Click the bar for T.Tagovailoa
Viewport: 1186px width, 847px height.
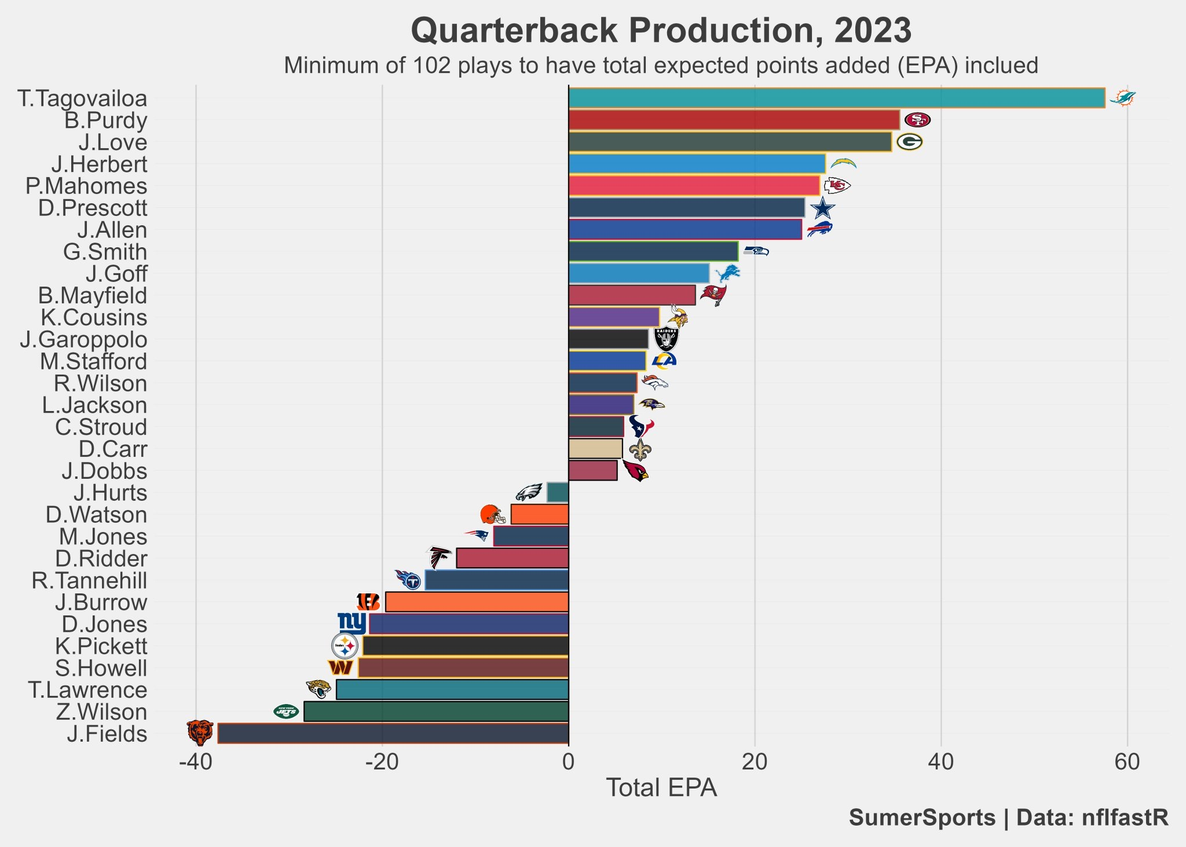836,98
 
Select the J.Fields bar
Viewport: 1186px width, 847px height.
393,733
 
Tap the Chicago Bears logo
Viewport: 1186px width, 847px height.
200,732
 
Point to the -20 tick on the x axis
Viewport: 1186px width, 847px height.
382,762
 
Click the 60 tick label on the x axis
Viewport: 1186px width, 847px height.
1127,762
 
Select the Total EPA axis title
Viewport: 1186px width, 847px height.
661,788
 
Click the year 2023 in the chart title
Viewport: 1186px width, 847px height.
873,30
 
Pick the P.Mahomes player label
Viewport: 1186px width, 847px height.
86,186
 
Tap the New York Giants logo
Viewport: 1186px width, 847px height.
352,623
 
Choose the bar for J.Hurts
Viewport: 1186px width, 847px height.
558,493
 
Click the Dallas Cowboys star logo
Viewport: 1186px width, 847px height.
822,208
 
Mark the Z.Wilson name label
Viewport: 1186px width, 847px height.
102,712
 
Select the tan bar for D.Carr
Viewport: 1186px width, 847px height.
595,449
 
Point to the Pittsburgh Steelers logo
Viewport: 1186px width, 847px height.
345,646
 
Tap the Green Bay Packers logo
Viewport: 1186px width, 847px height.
909,142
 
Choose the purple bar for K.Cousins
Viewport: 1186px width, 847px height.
614,317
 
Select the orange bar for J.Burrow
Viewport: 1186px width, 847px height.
477,602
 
